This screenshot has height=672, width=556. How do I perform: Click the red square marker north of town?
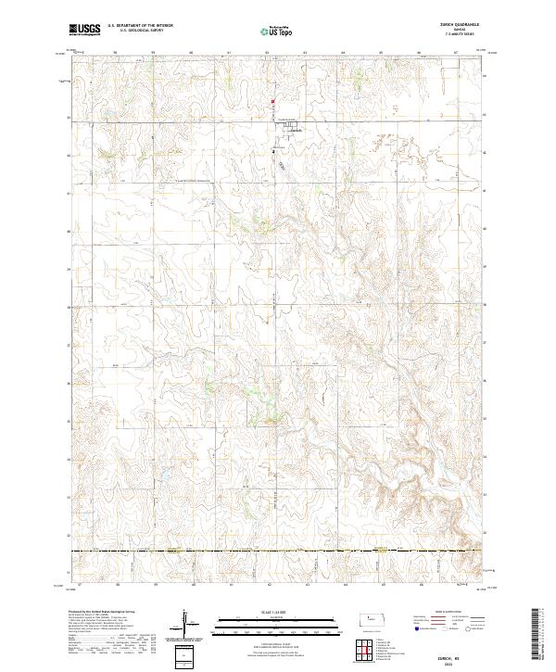[x=272, y=102]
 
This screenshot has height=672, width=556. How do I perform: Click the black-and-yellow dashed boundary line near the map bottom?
[x=278, y=552]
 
